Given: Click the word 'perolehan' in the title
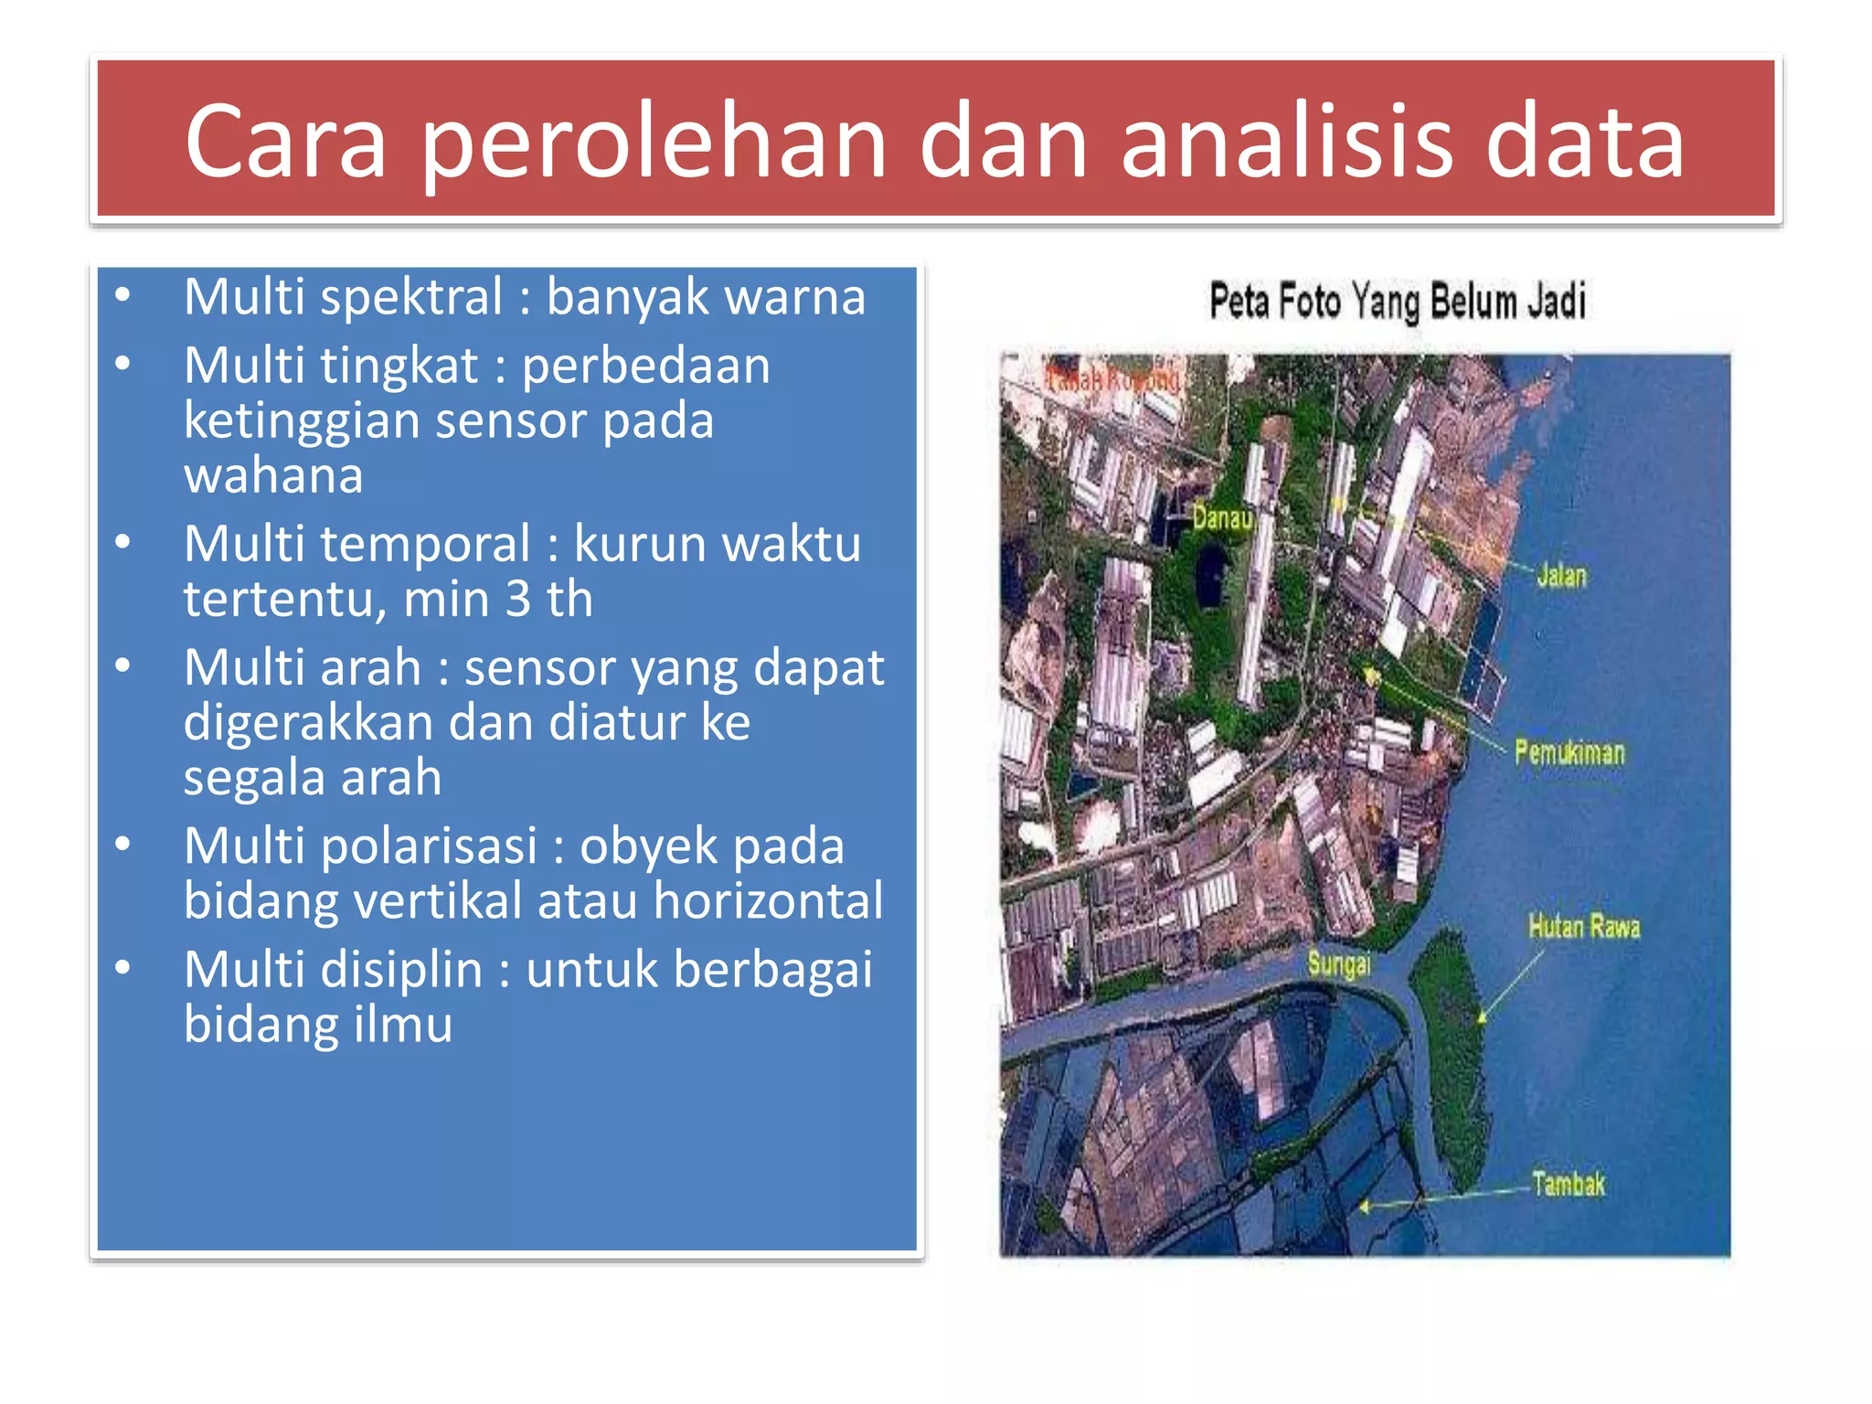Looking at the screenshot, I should pos(654,142).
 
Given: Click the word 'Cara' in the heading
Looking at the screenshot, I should pos(285,142).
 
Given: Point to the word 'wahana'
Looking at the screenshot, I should pos(273,475).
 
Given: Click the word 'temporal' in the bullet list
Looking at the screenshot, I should pos(424,545).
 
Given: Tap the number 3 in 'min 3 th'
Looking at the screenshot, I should pos(517,600).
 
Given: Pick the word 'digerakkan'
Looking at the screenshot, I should pos(308,723).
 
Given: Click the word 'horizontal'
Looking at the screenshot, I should pos(768,901).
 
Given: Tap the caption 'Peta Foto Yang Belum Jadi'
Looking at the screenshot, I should pos(1397,302).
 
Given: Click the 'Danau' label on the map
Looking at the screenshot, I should pos(1222,518).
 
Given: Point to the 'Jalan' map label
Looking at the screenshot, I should pos(1561,576).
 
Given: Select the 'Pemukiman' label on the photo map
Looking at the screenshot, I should pos(1569,753).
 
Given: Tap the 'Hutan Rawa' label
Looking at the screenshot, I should pos(1584,927).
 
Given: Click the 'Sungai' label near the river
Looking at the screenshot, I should pos(1339,963).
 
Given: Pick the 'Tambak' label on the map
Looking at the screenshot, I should pos(1569,1185).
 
